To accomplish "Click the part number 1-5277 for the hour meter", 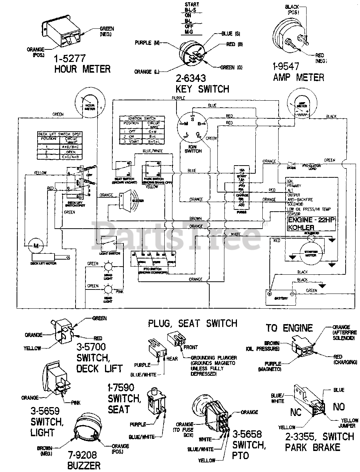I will click(x=70, y=58).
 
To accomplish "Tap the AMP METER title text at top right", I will click(x=298, y=77).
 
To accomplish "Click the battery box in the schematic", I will click(x=280, y=297).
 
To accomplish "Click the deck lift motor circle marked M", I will click(x=36, y=245).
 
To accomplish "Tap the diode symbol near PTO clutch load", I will click(x=291, y=163).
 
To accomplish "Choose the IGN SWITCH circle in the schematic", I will click(x=193, y=127).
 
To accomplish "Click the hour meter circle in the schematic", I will click(x=90, y=106).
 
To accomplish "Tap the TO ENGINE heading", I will click(x=289, y=328).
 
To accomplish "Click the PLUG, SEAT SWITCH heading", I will click(x=192, y=324).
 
